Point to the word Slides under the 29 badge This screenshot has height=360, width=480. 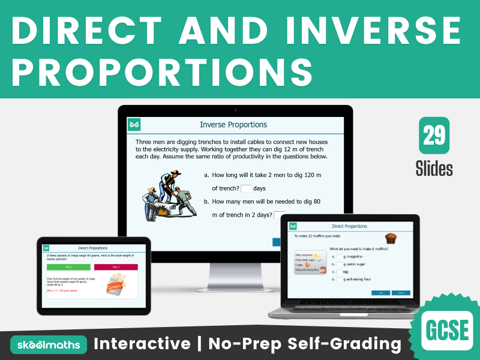(x=434, y=169)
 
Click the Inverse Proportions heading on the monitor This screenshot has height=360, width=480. (x=233, y=125)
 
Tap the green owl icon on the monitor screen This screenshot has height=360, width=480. (x=134, y=125)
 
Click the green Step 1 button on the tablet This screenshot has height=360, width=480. (x=68, y=267)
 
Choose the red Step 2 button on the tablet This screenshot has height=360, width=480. (x=116, y=267)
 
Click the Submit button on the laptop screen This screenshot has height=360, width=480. (x=401, y=293)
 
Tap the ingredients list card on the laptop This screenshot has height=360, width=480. (x=310, y=262)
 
